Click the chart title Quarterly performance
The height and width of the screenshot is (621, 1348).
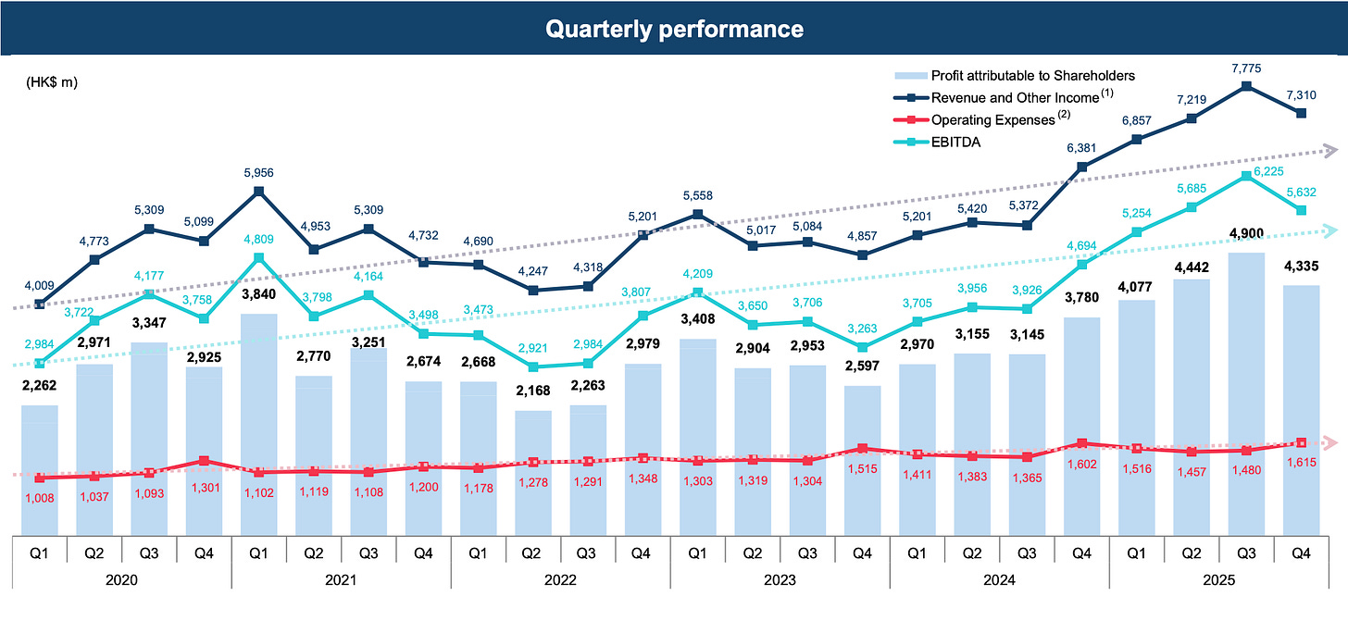[673, 29]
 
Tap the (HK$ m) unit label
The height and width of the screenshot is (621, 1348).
[52, 82]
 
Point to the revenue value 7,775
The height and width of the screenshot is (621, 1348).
[1246, 68]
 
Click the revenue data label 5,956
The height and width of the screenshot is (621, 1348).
[259, 172]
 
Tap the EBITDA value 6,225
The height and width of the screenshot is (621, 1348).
[1247, 158]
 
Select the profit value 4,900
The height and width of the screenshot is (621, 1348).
[1246, 233]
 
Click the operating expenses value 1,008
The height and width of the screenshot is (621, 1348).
[40, 496]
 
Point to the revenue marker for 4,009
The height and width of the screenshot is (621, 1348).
[40, 304]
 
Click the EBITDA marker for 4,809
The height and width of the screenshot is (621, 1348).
[259, 258]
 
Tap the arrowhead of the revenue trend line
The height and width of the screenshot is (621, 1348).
[1330, 149]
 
